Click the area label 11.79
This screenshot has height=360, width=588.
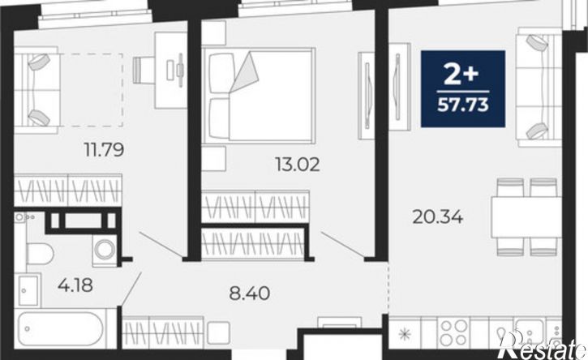click(104, 150)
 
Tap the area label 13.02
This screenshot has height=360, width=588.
click(298, 165)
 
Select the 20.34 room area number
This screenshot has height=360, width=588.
click(438, 216)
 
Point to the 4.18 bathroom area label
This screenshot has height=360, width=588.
click(75, 285)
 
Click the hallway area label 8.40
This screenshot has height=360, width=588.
click(249, 294)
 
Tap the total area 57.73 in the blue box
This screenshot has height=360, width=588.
click(463, 105)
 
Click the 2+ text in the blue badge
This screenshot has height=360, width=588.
click(461, 74)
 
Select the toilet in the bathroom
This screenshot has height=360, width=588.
click(40, 254)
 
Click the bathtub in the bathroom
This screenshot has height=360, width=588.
click(60, 329)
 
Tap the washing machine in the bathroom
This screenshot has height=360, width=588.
click(105, 251)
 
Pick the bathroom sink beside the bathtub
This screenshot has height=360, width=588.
click(28, 290)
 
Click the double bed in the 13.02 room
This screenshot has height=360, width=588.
click(258, 96)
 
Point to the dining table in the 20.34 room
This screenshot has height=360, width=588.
click(526, 217)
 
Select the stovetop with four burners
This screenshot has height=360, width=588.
click(454, 332)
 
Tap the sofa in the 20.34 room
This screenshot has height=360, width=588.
click(539, 87)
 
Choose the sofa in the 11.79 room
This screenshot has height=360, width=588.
click(36, 90)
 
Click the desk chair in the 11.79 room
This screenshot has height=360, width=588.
click(144, 70)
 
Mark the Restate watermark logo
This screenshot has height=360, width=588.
click(543, 346)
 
